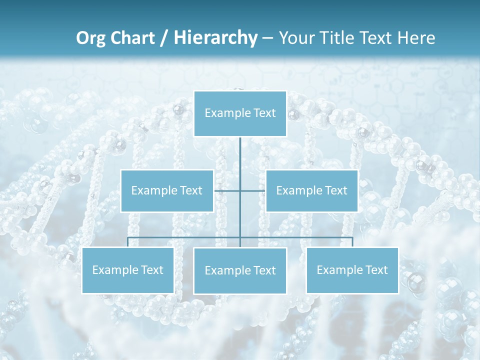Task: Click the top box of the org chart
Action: pos(240,113)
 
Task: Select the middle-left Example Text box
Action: pos(167,190)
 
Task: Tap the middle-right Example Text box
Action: pos(311,190)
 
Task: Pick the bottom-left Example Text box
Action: pos(128,270)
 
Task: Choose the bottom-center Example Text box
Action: pos(240,271)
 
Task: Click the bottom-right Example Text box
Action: pos(352,270)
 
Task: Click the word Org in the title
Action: pos(90,38)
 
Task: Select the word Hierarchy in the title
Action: pos(215,38)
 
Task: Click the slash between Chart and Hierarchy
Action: pos(164,38)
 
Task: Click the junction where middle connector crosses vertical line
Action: pos(240,190)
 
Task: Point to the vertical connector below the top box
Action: pos(240,155)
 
